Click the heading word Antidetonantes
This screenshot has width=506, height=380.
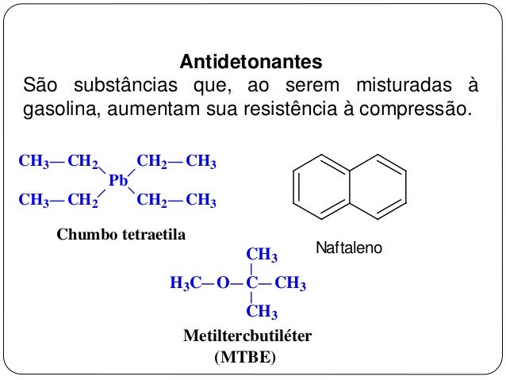click(251, 61)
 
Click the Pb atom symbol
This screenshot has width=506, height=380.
click(118, 181)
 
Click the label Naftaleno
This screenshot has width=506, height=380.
click(349, 249)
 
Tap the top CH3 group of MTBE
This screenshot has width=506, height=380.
click(262, 255)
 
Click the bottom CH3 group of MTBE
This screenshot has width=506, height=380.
click(262, 310)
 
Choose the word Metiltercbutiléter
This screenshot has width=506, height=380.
click(247, 336)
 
